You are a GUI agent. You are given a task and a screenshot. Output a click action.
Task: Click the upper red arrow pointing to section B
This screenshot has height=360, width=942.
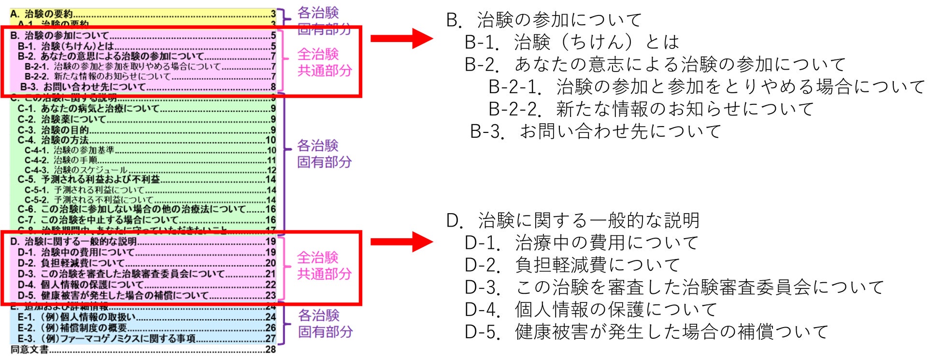point(401,38)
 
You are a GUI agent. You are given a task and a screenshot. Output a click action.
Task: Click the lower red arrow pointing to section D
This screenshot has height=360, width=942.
point(401,242)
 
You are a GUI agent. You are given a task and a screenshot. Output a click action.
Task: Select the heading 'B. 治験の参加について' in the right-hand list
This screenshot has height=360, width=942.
point(543,20)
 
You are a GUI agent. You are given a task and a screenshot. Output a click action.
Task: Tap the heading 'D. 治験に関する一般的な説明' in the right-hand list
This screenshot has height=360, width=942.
point(572,221)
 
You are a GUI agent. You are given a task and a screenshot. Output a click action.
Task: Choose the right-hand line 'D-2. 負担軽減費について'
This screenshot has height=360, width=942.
point(572,265)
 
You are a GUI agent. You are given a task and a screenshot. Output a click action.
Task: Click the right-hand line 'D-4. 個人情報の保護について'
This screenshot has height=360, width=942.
point(590,310)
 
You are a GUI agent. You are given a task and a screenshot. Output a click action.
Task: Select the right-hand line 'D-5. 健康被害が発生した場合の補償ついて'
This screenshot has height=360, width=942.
point(646,332)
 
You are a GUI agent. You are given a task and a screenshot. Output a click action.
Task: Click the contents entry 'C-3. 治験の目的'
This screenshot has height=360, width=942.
point(53,130)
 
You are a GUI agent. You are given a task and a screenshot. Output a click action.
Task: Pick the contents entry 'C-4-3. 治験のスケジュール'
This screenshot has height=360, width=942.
point(76,170)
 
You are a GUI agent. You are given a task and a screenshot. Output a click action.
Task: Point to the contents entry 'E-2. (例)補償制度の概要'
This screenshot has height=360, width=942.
point(72,328)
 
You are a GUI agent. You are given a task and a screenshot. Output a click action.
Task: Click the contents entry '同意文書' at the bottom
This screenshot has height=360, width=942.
point(29,349)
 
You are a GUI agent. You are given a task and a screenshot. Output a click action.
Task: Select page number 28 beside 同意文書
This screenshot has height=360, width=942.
point(271,349)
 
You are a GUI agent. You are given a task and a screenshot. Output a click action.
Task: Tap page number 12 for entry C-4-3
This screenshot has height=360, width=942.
point(271,170)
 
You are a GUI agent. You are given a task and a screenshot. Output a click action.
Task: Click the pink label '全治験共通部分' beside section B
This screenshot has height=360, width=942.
point(324,62)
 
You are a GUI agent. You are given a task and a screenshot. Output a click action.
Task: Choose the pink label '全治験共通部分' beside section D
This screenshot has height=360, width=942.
point(324,265)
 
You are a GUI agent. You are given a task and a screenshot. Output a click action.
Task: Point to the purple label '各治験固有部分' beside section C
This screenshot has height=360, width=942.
point(324,154)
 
